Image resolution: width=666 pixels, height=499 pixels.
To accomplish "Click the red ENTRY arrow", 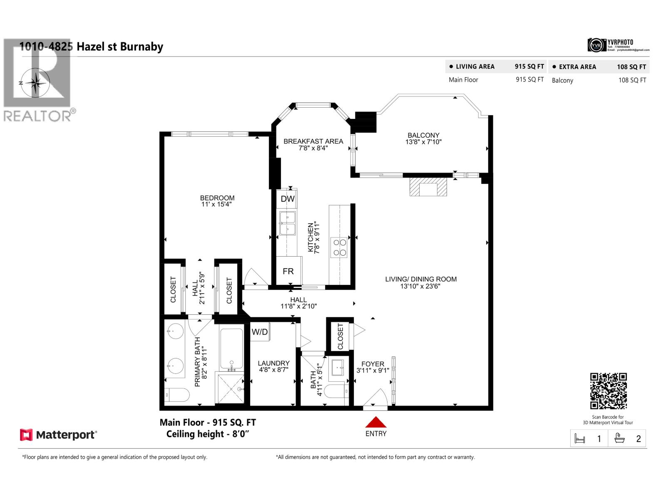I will tap(376, 422).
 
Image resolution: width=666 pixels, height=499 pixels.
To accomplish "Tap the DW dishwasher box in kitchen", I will tap(287, 199).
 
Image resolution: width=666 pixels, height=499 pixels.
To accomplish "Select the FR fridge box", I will tap(288, 271).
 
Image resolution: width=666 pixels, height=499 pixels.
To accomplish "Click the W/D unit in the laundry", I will tap(260, 332).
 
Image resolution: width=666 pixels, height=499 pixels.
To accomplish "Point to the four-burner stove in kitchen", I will tap(339, 247).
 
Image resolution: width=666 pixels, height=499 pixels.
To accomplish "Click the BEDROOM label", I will tap(217, 198).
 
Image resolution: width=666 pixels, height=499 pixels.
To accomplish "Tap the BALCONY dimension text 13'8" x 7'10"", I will tap(423, 142).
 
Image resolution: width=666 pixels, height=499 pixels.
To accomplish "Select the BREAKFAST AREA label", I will tap(313, 141).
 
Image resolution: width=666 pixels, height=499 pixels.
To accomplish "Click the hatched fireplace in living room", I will tap(428, 187).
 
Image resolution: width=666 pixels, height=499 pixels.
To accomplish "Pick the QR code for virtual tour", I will tap(608, 391).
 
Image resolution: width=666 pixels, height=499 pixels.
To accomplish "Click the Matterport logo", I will tap(58, 435).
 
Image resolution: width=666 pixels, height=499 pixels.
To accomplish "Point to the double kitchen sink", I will tap(287, 223).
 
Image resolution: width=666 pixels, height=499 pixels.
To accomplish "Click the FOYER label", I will tap(373, 364).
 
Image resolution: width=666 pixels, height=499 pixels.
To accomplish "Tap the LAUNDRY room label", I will tap(273, 363).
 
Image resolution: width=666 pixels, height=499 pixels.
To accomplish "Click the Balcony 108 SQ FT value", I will tap(632, 80).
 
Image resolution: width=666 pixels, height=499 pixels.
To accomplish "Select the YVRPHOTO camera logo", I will tap(596, 45).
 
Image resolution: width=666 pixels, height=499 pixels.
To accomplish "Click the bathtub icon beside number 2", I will tap(620, 439).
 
